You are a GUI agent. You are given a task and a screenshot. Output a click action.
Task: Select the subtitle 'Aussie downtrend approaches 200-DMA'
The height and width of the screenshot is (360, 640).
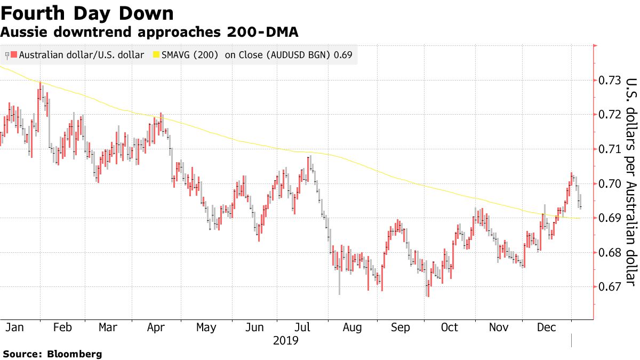[x=149, y=33]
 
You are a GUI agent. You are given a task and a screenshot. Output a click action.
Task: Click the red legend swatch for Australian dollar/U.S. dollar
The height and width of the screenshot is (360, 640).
[x=14, y=55]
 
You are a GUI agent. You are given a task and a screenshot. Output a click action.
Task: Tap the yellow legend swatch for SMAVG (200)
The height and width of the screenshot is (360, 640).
[x=156, y=55]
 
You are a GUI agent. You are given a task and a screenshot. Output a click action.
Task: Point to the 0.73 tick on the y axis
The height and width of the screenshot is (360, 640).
[x=609, y=81]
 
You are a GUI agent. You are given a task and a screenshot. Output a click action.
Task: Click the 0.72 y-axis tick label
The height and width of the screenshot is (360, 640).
[x=609, y=115]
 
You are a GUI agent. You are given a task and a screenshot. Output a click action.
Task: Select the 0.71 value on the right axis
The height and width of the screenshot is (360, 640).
[x=609, y=149]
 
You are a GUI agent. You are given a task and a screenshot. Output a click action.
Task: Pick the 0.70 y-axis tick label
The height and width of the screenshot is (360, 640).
[x=609, y=184]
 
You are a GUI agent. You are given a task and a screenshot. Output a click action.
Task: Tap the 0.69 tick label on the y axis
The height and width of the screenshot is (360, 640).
[x=609, y=218]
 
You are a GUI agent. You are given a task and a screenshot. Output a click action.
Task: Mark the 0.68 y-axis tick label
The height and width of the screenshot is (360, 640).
[x=609, y=253]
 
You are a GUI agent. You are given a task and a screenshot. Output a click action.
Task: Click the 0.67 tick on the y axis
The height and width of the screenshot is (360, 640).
[x=609, y=287]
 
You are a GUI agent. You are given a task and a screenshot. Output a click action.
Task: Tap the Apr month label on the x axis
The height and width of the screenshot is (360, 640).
[x=155, y=327]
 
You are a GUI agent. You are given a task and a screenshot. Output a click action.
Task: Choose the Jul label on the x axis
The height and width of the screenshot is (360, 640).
[x=302, y=327]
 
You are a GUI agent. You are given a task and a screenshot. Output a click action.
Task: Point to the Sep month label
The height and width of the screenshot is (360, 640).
[x=400, y=327]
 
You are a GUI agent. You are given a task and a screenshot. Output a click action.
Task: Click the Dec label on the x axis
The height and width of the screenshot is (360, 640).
[x=546, y=327]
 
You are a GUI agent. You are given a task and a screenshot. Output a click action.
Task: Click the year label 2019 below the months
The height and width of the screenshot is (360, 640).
[x=285, y=340]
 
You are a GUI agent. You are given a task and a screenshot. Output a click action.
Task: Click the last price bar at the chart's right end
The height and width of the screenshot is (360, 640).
[x=580, y=202]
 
